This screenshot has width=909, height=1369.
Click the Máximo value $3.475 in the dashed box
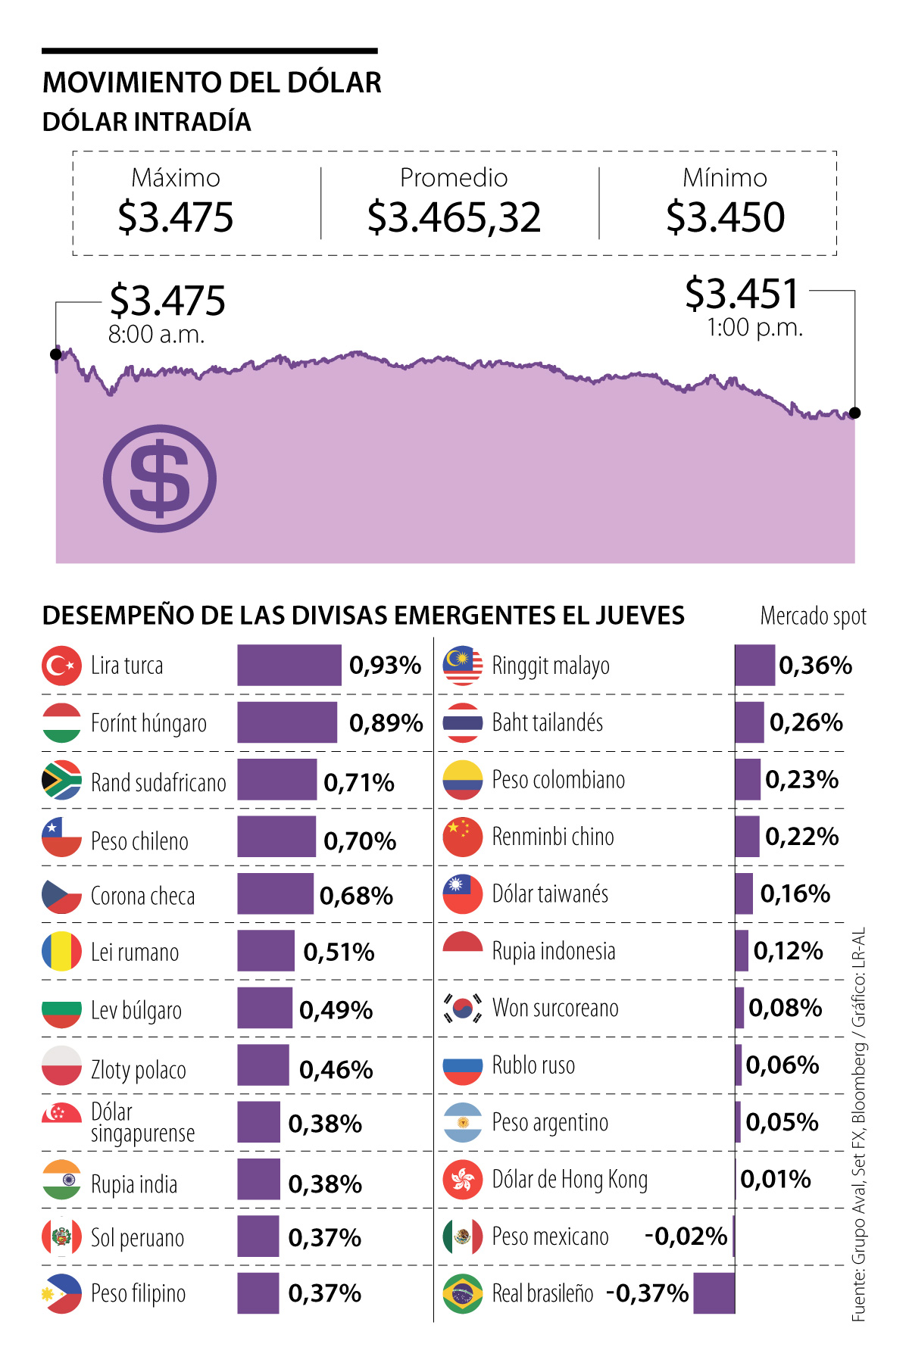coord(175,217)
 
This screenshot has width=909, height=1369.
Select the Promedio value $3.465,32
coord(454,217)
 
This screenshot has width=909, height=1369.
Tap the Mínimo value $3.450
coord(725,217)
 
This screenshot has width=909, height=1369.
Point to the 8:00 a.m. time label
coord(156,334)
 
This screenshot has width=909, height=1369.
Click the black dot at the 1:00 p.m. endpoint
coord(855,413)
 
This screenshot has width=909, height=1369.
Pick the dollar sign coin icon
coord(160,479)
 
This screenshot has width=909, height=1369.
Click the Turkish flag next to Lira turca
coord(61,666)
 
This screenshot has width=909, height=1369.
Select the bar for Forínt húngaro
coord(287,722)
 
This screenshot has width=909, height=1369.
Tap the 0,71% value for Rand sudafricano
coord(359,782)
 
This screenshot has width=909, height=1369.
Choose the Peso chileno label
coord(139,840)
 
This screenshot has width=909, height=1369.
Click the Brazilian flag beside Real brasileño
coord(462,1293)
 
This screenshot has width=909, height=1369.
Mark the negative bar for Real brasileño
coord(714,1293)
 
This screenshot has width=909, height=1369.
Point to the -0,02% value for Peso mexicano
coord(686,1236)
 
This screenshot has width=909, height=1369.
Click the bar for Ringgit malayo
coord(754,666)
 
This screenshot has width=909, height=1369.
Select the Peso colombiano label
coord(558,780)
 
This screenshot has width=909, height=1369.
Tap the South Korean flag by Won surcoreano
coord(462,1008)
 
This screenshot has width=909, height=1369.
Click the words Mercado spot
coord(813,616)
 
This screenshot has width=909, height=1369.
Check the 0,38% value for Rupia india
coord(325,1183)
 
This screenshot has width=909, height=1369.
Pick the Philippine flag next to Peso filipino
coord(61,1293)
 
